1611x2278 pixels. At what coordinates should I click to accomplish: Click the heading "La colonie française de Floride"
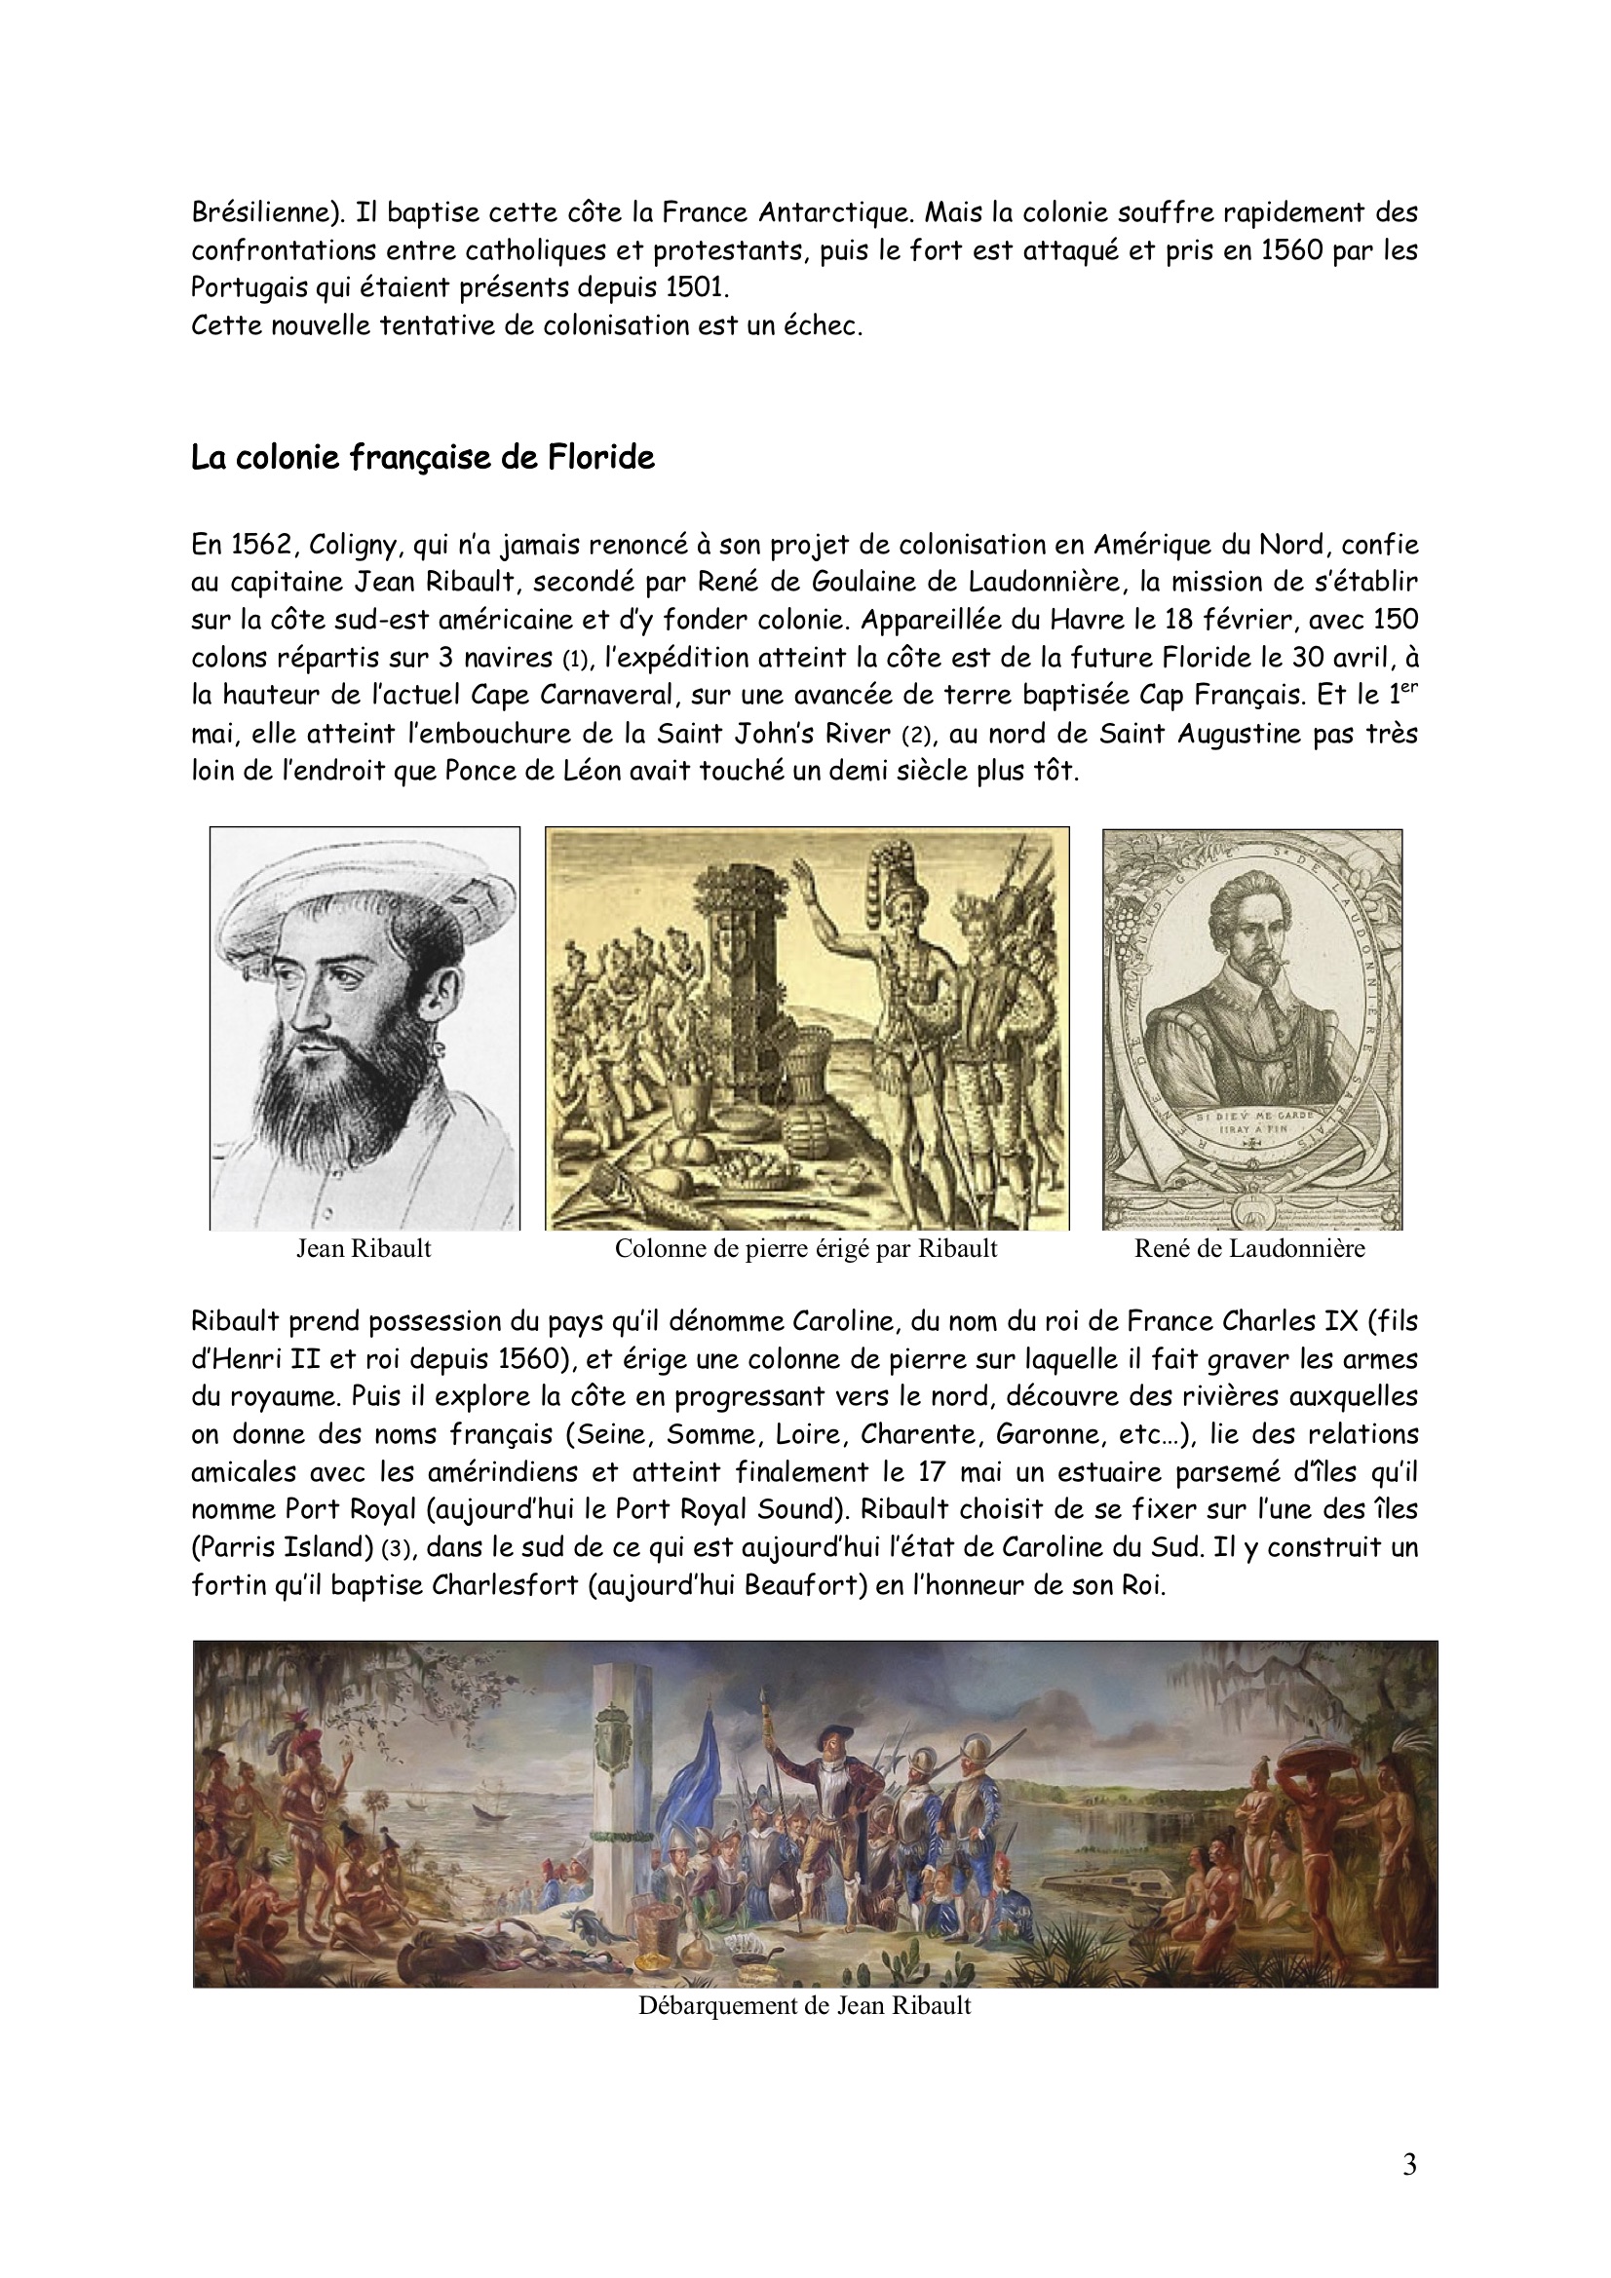(423, 458)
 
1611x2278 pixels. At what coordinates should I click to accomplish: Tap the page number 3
(1409, 2165)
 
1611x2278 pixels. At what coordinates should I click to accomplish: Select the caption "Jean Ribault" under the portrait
(364, 1248)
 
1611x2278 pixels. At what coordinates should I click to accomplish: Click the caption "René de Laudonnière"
(1249, 1248)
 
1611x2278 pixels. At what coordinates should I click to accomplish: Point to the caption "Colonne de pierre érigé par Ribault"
(805, 1248)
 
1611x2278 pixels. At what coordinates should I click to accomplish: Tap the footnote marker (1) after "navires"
(576, 659)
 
